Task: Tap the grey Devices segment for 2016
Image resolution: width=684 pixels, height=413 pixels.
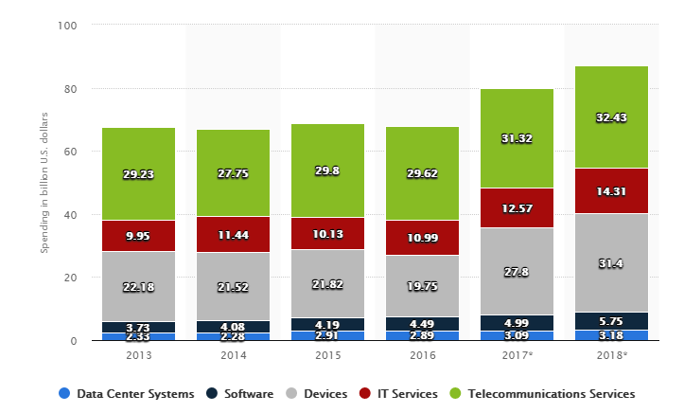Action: click(422, 284)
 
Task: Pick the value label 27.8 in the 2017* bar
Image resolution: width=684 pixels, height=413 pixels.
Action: click(517, 271)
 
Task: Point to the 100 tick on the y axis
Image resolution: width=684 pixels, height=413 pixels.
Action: click(67, 26)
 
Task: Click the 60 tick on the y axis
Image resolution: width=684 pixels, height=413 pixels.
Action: click(70, 152)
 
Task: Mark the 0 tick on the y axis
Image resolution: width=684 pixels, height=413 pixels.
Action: click(74, 341)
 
